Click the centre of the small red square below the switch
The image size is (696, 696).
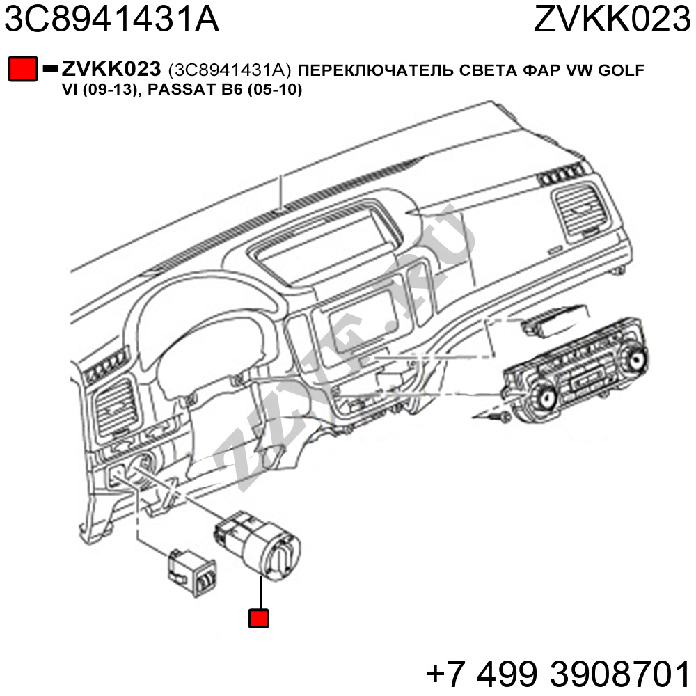click(258, 618)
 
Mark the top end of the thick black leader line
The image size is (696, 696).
click(260, 576)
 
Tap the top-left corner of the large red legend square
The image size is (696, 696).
click(8, 57)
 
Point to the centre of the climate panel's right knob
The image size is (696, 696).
click(635, 356)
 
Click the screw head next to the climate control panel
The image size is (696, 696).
click(505, 417)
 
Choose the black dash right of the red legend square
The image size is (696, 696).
click(50, 69)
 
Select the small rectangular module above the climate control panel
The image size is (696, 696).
click(555, 320)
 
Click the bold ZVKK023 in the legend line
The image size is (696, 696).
click(111, 69)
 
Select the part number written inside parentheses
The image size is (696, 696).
click(230, 70)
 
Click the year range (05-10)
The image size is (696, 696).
click(275, 90)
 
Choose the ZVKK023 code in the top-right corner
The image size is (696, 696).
click(612, 19)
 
